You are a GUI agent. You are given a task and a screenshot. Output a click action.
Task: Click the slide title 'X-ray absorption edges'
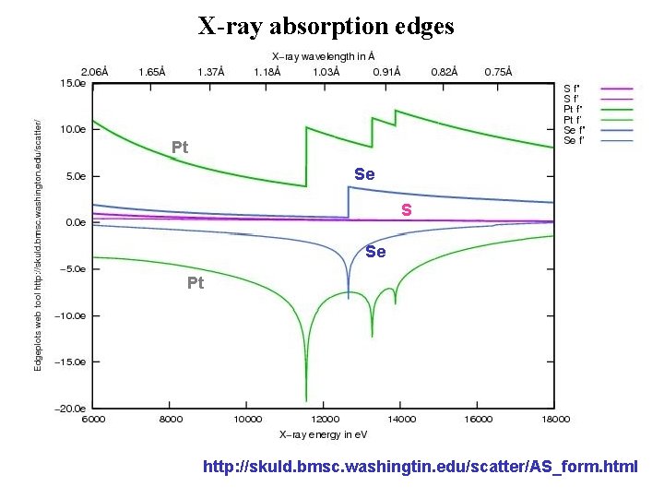pos(326,26)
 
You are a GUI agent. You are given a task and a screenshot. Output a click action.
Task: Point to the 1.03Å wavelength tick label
pos(323,71)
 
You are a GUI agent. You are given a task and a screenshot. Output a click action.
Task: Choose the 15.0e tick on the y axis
pos(74,83)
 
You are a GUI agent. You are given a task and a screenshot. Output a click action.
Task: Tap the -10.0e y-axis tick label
pos(72,315)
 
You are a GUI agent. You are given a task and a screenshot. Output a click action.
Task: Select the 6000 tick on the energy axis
pos(94,419)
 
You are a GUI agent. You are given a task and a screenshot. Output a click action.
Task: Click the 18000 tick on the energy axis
pos(553,419)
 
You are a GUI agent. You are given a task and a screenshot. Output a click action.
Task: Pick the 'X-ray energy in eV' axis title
pos(323,433)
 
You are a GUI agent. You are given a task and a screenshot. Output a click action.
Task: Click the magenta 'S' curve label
pos(406,211)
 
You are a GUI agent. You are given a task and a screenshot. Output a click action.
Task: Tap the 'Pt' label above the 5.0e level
pos(180,148)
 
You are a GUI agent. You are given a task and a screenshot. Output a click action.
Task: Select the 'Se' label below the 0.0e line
pos(375,252)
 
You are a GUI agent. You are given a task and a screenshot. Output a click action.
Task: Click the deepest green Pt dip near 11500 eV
pos(306,398)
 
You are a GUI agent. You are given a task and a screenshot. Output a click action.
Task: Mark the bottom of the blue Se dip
pos(348,297)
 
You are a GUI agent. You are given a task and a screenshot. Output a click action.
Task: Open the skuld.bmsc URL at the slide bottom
pos(420,467)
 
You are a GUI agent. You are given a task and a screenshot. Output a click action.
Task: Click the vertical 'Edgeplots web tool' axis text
pos(39,245)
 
